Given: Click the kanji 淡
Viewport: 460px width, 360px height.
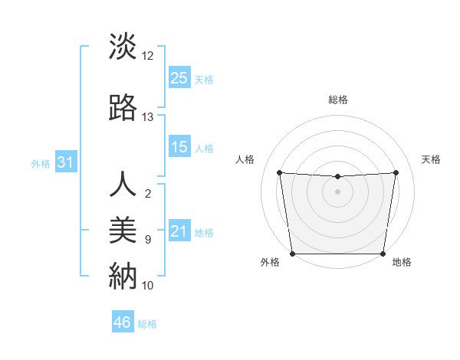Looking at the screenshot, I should click(123, 47).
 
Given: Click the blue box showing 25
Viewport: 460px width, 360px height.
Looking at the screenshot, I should click(179, 77).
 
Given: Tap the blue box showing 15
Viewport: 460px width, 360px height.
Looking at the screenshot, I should click(179, 147).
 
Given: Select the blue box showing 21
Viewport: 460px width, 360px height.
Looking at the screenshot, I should click(179, 232).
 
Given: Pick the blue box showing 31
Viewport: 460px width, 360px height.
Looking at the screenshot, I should click(65, 162).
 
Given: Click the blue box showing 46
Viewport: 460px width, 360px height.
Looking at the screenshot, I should click(123, 322).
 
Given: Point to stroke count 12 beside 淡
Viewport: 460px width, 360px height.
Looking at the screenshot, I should click(148, 56).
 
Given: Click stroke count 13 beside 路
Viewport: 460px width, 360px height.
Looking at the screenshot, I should click(148, 117).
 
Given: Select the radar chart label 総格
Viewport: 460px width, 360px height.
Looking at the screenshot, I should click(337, 100).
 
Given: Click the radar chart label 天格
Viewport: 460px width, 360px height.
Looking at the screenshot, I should click(431, 159).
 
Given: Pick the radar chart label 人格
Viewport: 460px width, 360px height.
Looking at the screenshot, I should click(245, 159).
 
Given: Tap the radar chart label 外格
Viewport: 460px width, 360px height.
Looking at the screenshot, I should click(270, 263).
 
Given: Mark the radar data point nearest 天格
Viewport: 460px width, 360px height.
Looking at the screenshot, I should click(396, 172).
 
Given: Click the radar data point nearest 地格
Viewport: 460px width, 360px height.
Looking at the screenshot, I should click(383, 254).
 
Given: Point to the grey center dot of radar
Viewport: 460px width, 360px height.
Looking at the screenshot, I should click(337, 191).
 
